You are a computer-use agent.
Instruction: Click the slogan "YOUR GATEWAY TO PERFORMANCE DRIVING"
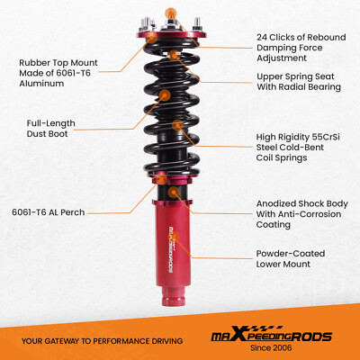(101, 341)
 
